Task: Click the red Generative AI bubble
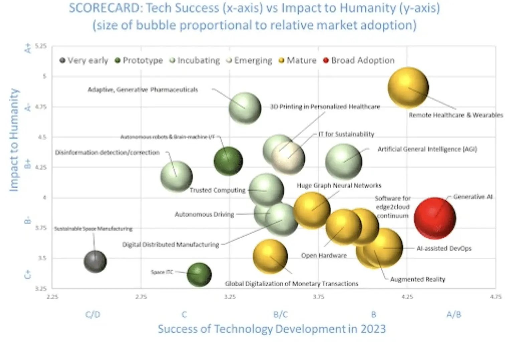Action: (x=435, y=218)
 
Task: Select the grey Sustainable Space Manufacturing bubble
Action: (x=95, y=261)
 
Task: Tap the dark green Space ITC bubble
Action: (x=199, y=275)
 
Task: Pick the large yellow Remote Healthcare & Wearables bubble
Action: (x=408, y=87)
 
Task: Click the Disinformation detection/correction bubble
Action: (x=176, y=176)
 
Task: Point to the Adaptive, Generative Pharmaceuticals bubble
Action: (x=245, y=108)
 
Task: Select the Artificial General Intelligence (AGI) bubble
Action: (x=343, y=162)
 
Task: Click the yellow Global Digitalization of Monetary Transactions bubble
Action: (x=270, y=256)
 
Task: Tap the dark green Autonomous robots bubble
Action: (x=228, y=161)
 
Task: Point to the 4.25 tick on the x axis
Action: (x=407, y=297)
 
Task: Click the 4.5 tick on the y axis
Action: (x=42, y=137)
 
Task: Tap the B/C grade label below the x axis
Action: (x=280, y=314)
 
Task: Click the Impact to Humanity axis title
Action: (x=14, y=140)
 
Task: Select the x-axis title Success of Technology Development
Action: (x=272, y=329)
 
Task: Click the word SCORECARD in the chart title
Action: (x=104, y=8)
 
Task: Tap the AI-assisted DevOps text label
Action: (x=444, y=248)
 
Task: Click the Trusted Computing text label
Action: (x=217, y=190)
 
